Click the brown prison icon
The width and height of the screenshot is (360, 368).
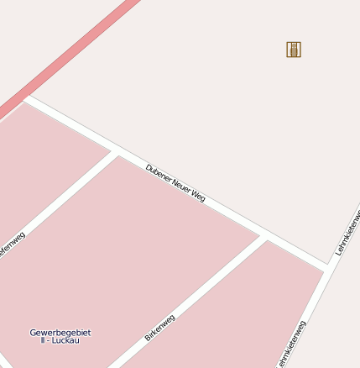(294, 50)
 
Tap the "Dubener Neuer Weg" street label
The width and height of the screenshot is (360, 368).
(175, 182)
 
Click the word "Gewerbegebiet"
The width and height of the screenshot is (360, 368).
(60, 333)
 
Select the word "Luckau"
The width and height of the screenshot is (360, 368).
(65, 340)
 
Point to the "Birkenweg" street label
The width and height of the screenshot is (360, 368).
(159, 327)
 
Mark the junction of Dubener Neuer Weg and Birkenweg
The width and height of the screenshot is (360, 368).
(263, 237)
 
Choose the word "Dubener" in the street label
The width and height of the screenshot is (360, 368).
(158, 172)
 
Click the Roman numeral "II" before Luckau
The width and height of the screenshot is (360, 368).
(42, 340)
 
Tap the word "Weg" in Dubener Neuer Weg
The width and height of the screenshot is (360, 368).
(198, 196)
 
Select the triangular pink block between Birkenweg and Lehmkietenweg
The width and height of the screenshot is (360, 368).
(269, 302)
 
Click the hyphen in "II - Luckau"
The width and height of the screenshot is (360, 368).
(49, 340)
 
